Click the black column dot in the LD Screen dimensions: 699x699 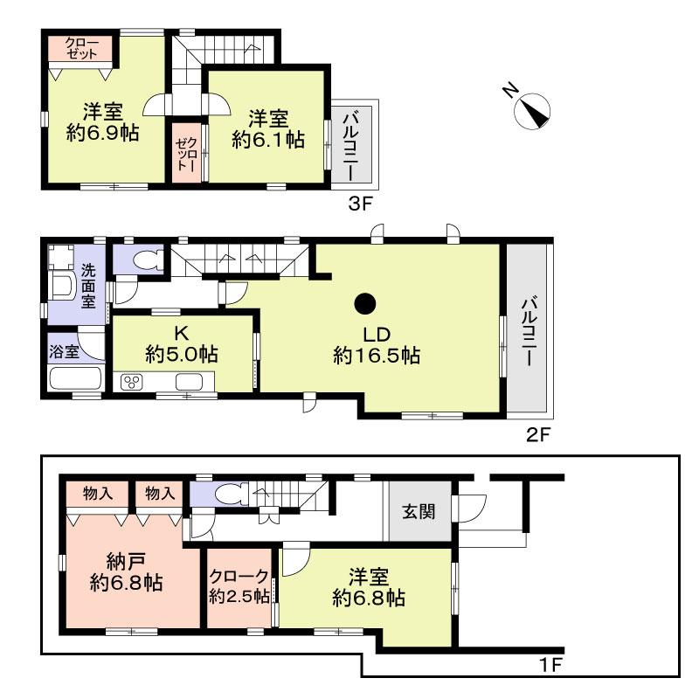click(365, 304)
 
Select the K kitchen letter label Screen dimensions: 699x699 click(182, 333)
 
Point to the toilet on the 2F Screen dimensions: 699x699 click(147, 260)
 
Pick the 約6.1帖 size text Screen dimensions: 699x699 click(267, 138)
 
